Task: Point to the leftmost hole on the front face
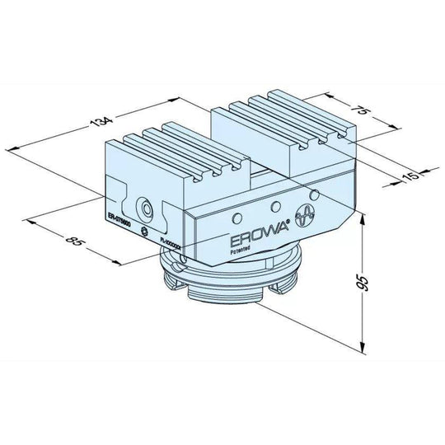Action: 235,216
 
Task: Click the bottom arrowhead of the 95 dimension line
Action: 363,349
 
